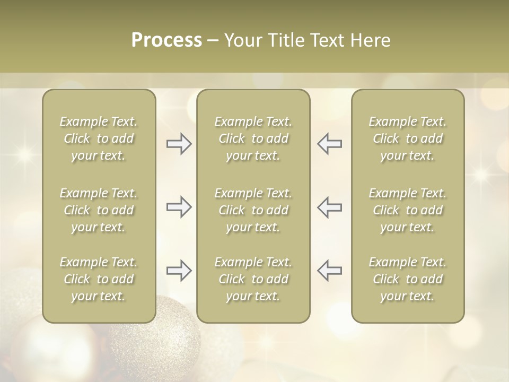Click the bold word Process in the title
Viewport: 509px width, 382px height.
[166, 40]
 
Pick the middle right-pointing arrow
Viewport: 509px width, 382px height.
[179, 207]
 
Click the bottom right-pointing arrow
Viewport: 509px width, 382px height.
[179, 271]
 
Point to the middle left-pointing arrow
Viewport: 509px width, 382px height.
[329, 207]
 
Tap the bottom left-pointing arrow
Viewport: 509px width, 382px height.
[329, 271]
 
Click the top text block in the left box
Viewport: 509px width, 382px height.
[99, 138]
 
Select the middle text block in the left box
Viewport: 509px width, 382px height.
[99, 210]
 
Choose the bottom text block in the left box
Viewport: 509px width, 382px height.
[99, 279]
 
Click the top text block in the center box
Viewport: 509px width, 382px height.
[253, 138]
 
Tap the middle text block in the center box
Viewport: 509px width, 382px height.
[253, 210]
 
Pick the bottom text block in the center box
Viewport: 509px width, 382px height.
[253, 279]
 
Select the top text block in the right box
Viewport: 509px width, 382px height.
[408, 138]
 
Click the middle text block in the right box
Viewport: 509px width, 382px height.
[408, 210]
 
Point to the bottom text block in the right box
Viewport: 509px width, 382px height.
[408, 279]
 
